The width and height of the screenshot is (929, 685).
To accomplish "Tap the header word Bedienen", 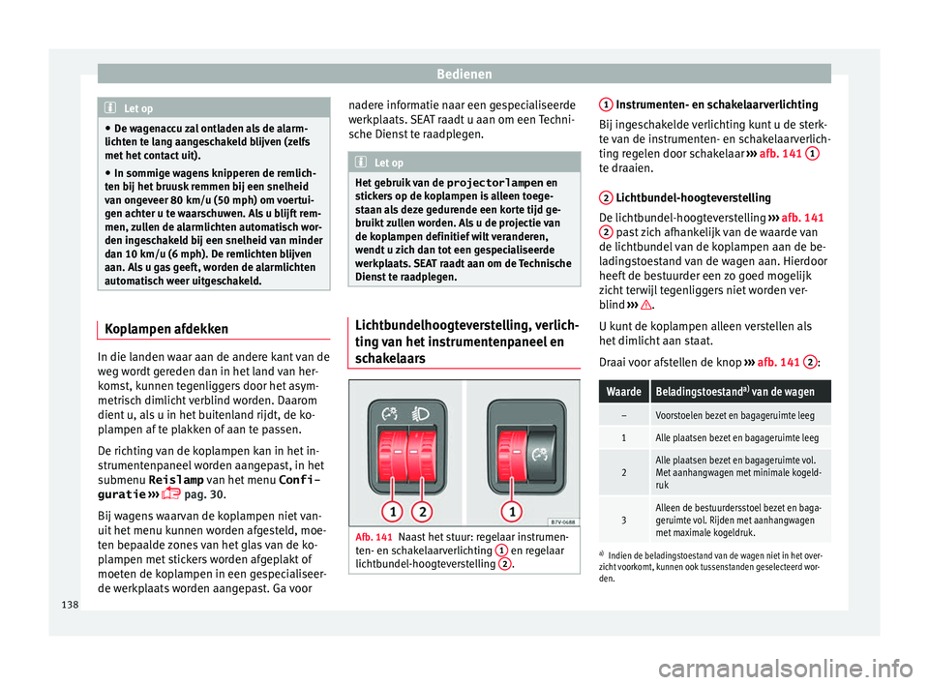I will click(464, 73).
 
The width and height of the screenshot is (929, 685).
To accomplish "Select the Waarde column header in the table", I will click(623, 392).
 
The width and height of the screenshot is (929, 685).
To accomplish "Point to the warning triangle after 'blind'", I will click(662, 303).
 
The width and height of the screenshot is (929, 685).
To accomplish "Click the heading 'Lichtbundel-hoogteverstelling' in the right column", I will click(693, 197).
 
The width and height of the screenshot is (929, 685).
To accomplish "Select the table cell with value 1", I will click(623, 438).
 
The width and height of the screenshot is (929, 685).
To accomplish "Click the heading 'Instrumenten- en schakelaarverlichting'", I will click(716, 104).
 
